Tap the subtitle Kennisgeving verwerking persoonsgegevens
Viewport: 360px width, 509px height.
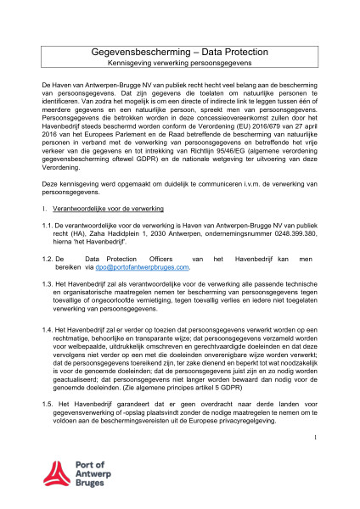(x=179, y=64)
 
